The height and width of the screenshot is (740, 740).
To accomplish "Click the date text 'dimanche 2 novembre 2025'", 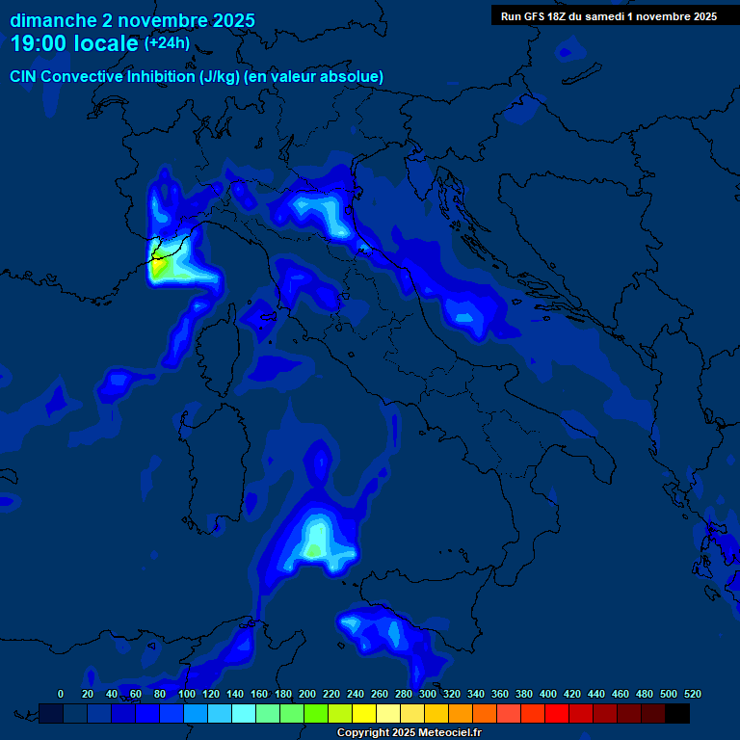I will click(132, 20).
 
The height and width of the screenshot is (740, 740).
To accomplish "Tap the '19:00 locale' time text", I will click(74, 43).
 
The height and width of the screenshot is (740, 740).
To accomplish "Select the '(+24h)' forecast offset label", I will click(167, 43).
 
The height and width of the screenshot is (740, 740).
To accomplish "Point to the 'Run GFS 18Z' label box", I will click(608, 16).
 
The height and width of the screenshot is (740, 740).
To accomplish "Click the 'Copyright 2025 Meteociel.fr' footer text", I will click(409, 733).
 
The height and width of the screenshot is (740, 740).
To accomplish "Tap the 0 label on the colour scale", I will click(61, 694).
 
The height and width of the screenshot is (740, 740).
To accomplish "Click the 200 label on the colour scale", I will click(307, 694).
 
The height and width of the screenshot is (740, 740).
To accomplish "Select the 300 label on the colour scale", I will click(428, 694).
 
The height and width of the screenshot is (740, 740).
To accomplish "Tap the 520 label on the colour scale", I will click(692, 694).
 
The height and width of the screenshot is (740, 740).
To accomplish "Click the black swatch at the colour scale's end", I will click(677, 713).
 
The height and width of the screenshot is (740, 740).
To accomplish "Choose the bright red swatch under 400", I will click(557, 713).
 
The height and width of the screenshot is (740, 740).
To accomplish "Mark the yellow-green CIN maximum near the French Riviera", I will click(163, 265).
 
